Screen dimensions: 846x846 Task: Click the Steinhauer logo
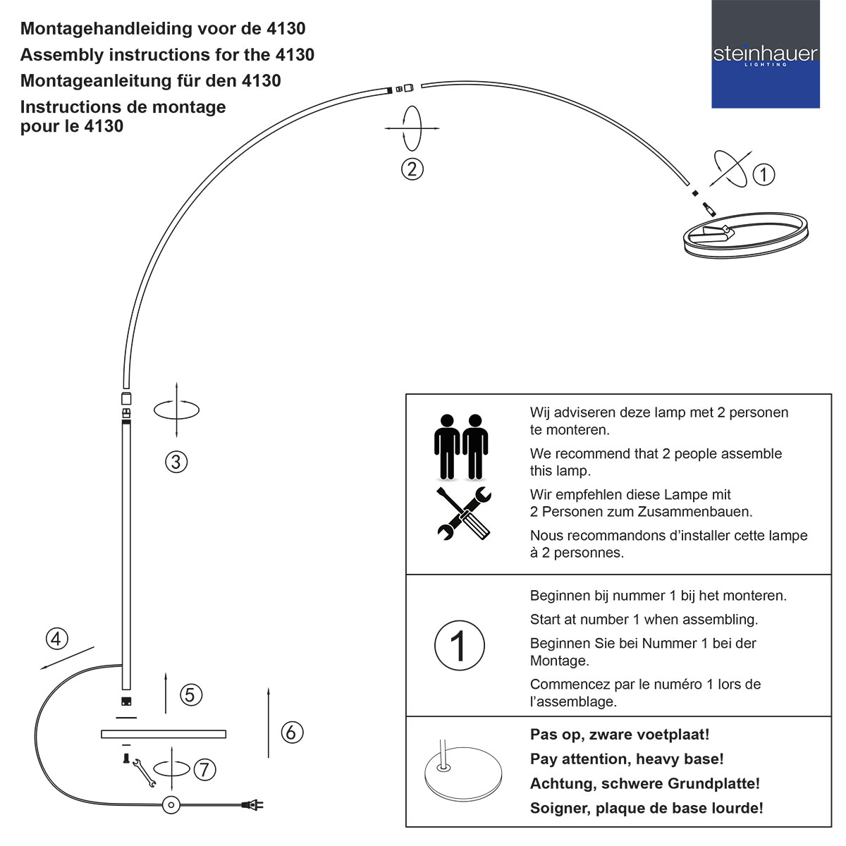(765, 54)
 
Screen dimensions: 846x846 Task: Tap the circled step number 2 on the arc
(412, 169)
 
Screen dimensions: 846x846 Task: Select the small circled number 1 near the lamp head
(764, 174)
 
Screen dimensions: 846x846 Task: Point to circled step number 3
(176, 462)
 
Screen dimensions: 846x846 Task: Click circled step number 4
(57, 639)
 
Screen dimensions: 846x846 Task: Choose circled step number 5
(190, 695)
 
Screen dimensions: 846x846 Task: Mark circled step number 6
(292, 732)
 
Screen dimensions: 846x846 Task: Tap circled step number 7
(204, 769)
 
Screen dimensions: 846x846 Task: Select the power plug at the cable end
(252, 804)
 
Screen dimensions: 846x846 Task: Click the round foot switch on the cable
(171, 804)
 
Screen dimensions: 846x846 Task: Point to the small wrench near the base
(144, 773)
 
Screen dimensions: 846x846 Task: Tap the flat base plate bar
(163, 734)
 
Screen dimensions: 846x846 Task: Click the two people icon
(461, 446)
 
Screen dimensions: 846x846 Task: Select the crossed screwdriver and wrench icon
(463, 514)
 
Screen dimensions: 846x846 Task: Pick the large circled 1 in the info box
(459, 645)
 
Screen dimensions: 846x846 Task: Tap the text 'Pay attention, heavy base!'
(627, 759)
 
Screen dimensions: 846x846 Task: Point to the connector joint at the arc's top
(405, 89)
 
